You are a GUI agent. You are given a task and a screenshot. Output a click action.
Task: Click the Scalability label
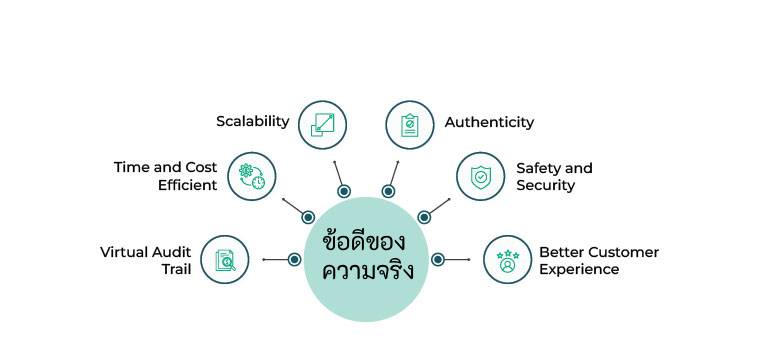(x=252, y=121)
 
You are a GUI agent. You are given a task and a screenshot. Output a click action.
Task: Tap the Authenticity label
(x=489, y=122)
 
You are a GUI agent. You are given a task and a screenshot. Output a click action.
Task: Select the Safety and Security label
(x=554, y=177)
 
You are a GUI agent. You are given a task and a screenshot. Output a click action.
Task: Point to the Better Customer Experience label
(x=598, y=260)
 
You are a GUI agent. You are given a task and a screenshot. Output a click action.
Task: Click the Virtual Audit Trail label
(x=145, y=260)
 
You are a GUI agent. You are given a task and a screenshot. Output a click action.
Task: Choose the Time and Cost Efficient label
(x=165, y=176)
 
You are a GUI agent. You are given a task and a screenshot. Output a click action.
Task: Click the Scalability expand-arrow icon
(x=323, y=124)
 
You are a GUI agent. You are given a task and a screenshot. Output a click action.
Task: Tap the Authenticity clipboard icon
(x=410, y=124)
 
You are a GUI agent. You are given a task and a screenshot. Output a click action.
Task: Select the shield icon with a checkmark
(x=481, y=177)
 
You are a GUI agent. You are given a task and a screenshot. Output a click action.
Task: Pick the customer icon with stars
(x=508, y=260)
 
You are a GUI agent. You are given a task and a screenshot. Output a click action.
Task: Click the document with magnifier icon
(x=225, y=260)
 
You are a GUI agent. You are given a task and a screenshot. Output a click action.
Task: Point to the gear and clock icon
(x=252, y=177)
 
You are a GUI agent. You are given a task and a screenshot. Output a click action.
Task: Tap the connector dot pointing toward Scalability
(x=344, y=191)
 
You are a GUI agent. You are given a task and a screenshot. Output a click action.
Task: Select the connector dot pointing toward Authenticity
(x=388, y=191)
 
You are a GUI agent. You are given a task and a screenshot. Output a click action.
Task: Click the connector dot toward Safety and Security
(x=424, y=217)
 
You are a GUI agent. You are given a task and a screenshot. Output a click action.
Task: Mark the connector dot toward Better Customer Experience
(x=438, y=260)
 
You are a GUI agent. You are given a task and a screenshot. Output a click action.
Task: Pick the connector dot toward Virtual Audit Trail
(x=294, y=260)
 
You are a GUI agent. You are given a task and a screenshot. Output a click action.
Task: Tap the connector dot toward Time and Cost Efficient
(x=308, y=217)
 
